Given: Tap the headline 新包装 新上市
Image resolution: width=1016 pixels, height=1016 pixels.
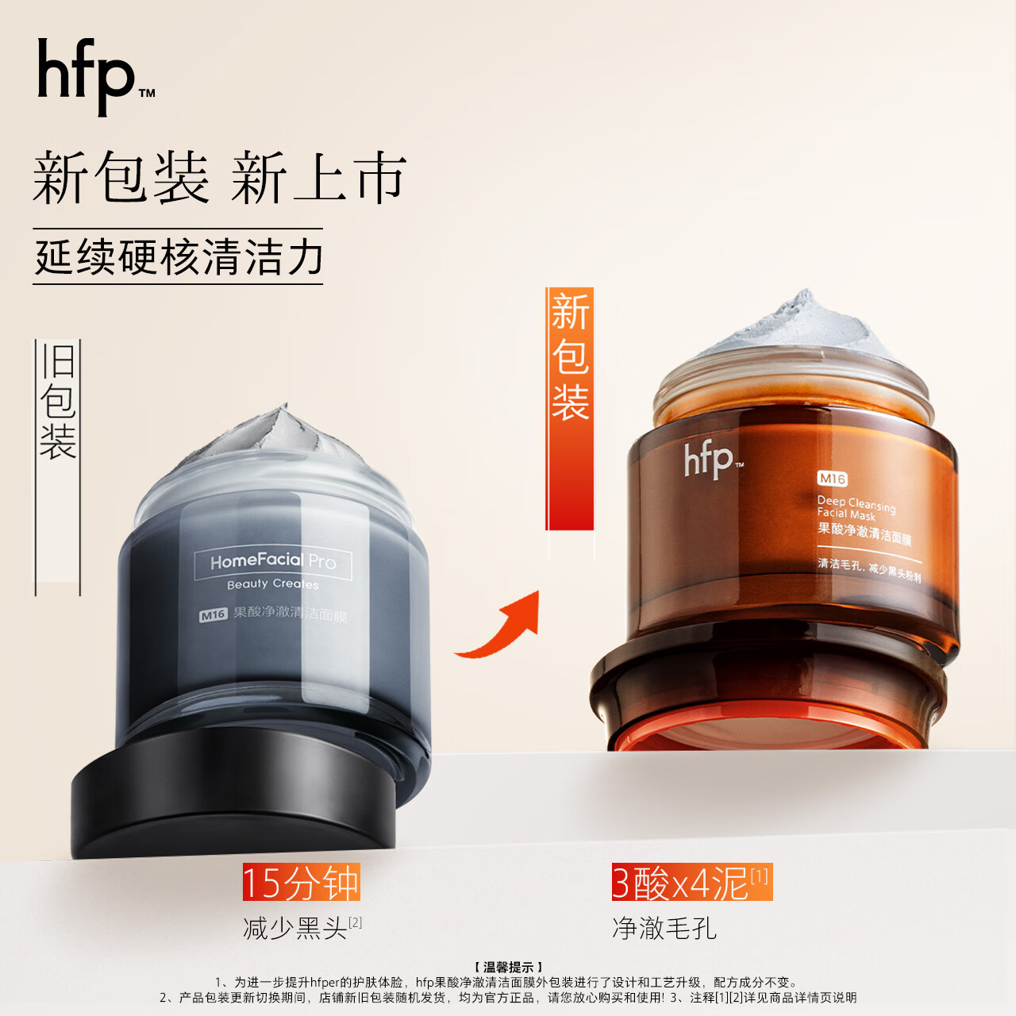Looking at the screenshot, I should [219, 177].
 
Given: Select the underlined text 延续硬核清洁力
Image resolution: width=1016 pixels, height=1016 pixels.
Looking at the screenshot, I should [179, 257].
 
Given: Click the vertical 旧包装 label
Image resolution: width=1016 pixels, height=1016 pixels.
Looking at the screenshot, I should [58, 402].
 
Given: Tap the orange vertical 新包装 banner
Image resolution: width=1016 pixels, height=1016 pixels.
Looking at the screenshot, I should [570, 357].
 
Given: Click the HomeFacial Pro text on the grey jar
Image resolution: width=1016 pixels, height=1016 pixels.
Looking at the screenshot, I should [272, 561].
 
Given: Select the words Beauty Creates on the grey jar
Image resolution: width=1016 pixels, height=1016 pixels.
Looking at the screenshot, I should [272, 584].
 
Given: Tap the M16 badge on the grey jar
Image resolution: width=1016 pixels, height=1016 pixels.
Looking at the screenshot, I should [213, 614].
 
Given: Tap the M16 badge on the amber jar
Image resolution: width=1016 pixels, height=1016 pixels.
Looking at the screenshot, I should [832, 479].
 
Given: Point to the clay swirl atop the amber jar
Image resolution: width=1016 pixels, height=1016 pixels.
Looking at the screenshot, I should [794, 329].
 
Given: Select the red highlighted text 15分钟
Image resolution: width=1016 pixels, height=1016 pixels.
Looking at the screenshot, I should [301, 883].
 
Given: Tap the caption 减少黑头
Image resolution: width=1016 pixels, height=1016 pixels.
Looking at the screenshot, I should [295, 928].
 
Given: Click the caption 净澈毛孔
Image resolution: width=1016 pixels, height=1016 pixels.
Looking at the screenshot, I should [664, 928].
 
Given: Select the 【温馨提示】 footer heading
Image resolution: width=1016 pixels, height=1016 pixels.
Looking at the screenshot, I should [508, 967].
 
